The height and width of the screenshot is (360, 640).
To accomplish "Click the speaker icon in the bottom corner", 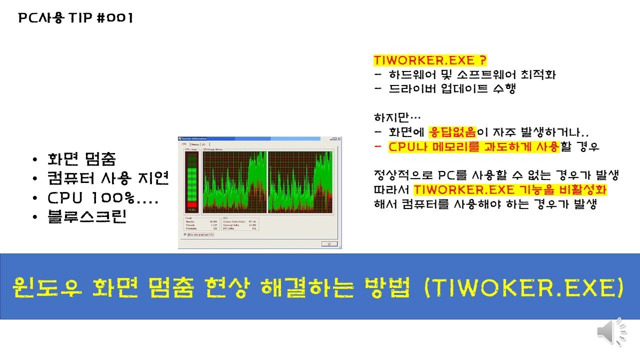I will (611, 331).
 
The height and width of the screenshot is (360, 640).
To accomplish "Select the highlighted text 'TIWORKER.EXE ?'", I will (430, 60).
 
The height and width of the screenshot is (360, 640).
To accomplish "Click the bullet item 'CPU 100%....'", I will (103, 198).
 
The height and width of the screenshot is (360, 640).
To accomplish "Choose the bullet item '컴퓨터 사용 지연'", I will (108, 178).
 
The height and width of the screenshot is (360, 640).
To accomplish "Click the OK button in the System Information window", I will (329, 244).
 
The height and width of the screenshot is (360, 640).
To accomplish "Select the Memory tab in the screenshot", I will (194, 144).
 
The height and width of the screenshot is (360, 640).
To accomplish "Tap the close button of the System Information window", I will (339, 138).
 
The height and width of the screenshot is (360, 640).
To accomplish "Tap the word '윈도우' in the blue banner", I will (48, 287).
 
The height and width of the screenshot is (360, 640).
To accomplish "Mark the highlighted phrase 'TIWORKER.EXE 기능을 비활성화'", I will (510, 190).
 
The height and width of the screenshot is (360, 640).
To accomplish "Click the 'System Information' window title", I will (194, 138).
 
